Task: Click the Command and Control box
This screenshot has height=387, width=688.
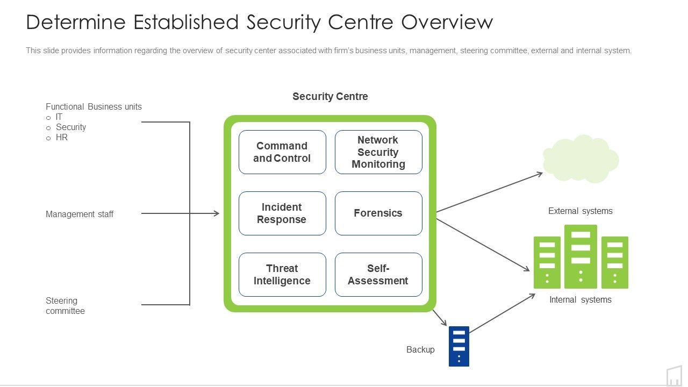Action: click(x=282, y=152)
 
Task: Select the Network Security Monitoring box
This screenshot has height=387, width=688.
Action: click(x=378, y=152)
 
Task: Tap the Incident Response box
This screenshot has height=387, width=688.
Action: click(x=282, y=213)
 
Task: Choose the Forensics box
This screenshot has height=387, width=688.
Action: click(x=378, y=213)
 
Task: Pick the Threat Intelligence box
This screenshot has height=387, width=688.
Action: click(x=282, y=275)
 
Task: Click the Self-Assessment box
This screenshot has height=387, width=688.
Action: click(x=378, y=275)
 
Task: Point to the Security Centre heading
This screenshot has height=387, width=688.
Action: click(x=330, y=96)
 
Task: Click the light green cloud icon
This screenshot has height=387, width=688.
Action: click(x=580, y=159)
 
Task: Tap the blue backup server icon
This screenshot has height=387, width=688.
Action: click(x=459, y=346)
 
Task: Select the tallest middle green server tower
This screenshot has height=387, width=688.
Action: click(x=580, y=256)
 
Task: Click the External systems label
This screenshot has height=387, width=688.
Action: click(x=580, y=211)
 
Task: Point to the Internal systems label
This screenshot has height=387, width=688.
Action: click(x=580, y=300)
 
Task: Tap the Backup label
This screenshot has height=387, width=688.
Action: click(x=420, y=349)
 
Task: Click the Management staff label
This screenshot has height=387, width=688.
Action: click(x=80, y=214)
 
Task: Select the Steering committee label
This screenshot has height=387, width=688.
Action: click(x=65, y=306)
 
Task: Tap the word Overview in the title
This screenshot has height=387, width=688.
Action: click(x=447, y=22)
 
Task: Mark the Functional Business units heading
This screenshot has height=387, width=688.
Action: click(x=94, y=106)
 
